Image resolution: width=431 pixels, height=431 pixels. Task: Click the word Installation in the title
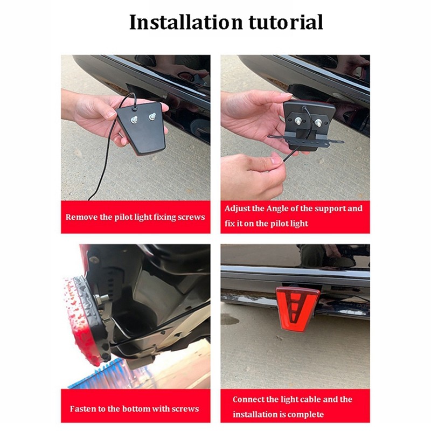tap(186, 22)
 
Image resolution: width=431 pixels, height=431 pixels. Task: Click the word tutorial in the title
tap(286, 22)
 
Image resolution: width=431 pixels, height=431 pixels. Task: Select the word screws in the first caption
tap(191, 218)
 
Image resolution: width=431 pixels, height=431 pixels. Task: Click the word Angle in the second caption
tap(277, 209)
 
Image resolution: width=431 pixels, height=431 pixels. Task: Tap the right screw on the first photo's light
tap(152, 117)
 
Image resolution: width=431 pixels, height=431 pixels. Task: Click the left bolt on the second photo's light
tap(299, 121)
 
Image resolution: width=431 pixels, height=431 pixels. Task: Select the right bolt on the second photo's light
tap(318, 123)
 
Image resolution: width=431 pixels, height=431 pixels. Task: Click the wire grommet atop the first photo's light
tap(134, 109)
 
